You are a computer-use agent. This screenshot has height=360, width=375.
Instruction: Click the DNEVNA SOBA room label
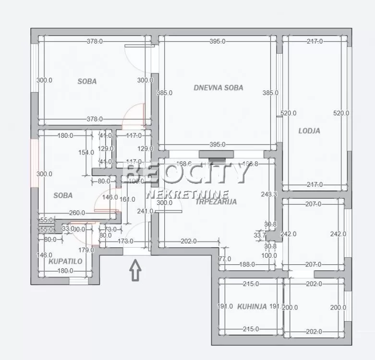[218, 88]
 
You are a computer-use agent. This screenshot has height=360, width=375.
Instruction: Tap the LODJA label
[309, 131]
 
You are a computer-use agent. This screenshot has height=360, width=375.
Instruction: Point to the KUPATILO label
[65, 262]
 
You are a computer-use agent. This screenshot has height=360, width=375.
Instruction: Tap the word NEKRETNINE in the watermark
[181, 194]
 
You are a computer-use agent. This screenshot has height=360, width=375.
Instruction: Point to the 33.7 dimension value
[260, 235]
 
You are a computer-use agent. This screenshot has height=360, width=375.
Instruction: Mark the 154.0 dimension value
[86, 153]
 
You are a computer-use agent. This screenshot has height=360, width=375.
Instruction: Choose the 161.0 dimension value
[127, 199]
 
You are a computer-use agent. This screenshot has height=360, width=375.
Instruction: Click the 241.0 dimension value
[145, 211]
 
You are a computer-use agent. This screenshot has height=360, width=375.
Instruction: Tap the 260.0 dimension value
[76, 213]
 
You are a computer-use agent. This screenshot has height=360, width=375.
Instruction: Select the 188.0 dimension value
[248, 264]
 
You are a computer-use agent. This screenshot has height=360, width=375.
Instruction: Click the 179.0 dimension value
[86, 250]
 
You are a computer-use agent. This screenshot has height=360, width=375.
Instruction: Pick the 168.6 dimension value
[184, 164]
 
